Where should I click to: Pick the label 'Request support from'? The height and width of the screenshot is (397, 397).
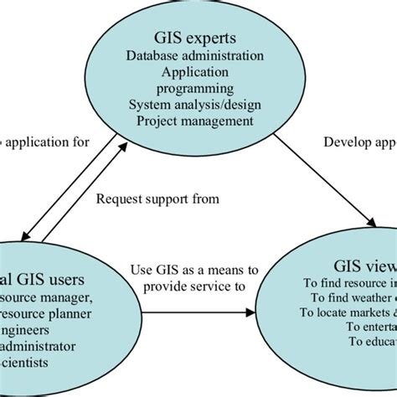[157, 198]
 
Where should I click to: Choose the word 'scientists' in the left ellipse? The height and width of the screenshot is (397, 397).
[28, 340]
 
